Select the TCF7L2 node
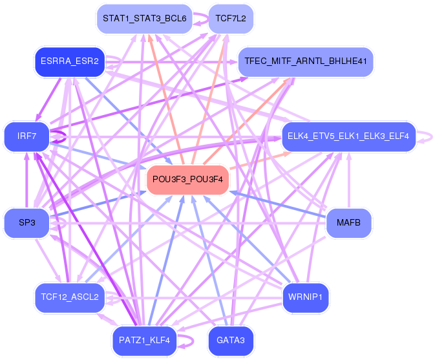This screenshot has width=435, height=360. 231,18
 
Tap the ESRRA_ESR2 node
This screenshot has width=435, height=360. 69,62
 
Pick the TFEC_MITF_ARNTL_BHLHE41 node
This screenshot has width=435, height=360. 306,62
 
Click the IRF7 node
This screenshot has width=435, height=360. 27,137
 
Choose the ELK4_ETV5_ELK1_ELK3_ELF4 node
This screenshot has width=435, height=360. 348,136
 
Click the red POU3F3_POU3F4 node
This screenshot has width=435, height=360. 188,180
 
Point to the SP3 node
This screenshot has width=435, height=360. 27,223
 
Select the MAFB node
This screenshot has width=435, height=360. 349,223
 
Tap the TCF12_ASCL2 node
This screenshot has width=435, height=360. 69,297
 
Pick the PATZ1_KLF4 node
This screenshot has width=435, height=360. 144,340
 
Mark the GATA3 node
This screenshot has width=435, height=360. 231,340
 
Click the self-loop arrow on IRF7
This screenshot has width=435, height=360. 60,137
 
